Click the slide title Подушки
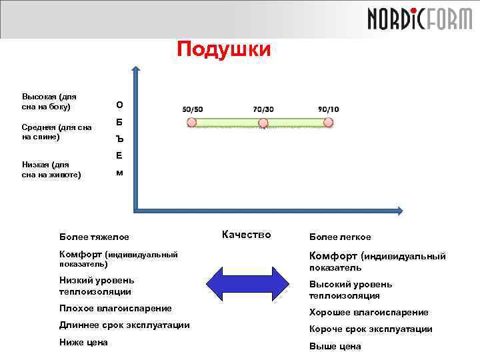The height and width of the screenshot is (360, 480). [224, 49]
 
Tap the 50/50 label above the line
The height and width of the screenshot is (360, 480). [193, 109]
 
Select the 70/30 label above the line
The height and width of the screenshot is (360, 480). [263, 109]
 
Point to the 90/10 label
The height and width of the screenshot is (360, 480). [328, 109]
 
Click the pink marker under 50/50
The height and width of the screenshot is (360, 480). [192, 123]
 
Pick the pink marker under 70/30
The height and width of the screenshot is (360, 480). [263, 123]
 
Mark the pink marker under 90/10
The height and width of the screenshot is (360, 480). [328, 123]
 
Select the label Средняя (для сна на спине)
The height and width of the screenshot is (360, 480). [57, 131]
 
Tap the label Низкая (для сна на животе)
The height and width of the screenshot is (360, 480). [51, 169]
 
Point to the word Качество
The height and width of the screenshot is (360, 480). [246, 234]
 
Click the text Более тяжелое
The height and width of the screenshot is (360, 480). [94, 237]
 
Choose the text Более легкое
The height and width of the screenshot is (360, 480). [340, 237]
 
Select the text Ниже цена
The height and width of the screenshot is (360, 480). [83, 342]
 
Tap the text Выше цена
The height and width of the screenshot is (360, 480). [335, 346]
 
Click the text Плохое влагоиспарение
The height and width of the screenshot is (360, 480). [115, 308]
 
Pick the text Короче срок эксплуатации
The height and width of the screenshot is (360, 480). [371, 329]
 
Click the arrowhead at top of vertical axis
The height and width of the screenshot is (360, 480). [135, 69]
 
